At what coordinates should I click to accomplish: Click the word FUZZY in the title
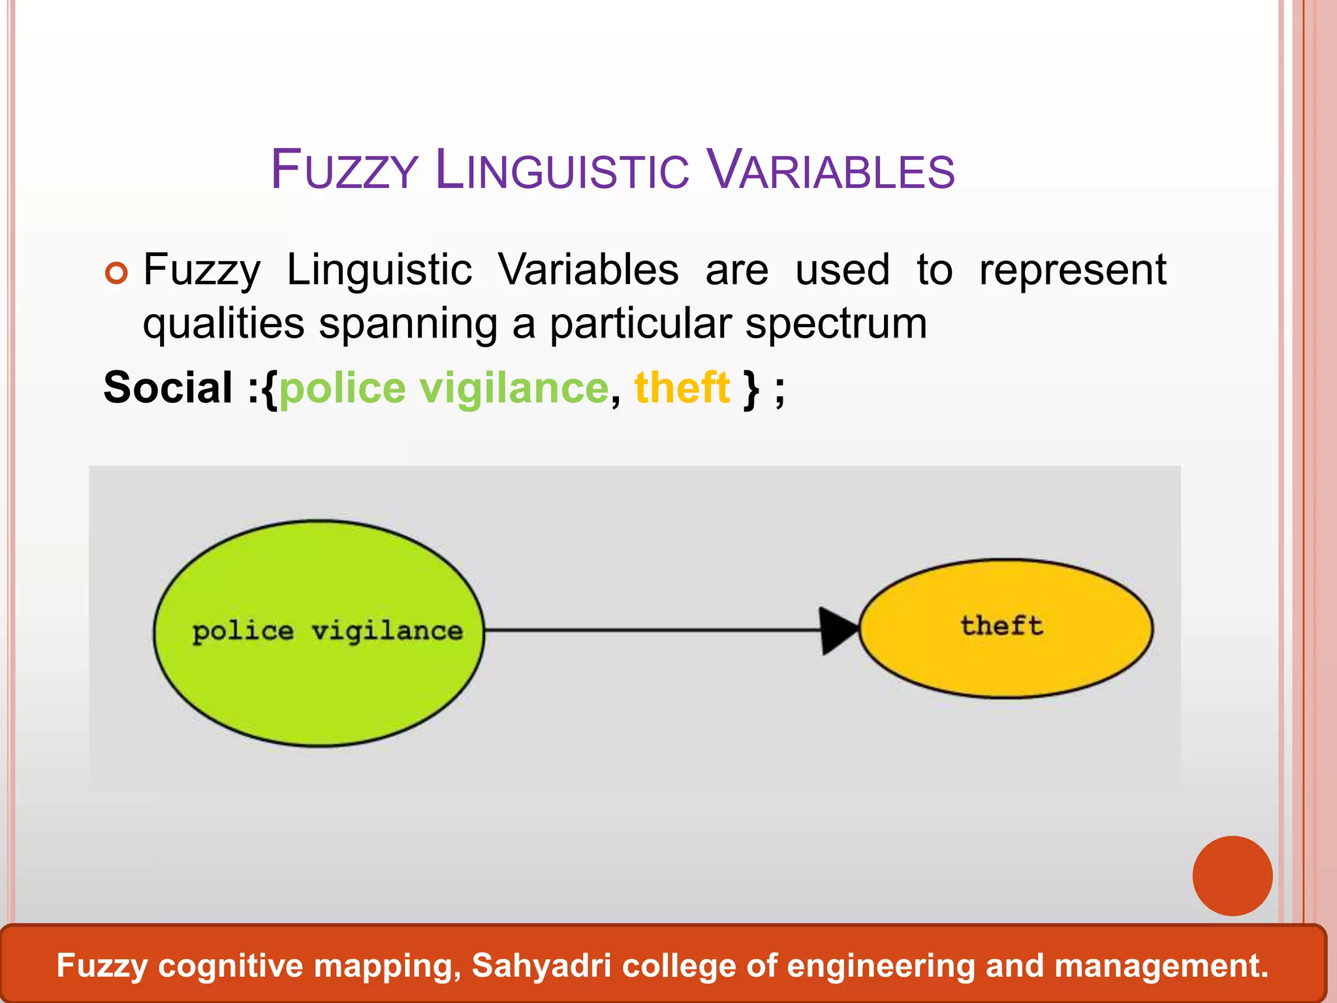pyautogui.click(x=344, y=170)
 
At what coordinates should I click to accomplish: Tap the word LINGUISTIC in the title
pyautogui.click(x=561, y=170)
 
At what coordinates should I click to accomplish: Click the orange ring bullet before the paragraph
pyautogui.click(x=117, y=273)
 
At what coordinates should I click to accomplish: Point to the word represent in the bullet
pyautogui.click(x=1072, y=270)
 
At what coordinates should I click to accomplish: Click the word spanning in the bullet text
pyautogui.click(x=408, y=325)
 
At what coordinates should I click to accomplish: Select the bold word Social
pyautogui.click(x=168, y=388)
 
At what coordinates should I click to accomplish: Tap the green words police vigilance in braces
pyautogui.click(x=444, y=388)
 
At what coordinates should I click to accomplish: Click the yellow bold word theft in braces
pyautogui.click(x=682, y=388)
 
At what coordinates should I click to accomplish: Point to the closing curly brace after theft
pyautogui.click(x=751, y=389)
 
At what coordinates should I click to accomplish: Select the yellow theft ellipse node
pyautogui.click(x=1005, y=660)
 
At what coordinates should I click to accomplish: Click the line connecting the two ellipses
pyautogui.click(x=653, y=630)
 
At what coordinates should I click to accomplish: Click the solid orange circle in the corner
pyautogui.click(x=1232, y=876)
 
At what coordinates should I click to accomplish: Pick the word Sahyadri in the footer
pyautogui.click(x=541, y=966)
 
